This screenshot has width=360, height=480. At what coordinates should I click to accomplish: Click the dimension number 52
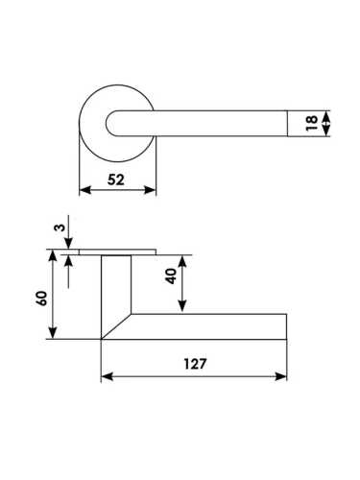tap(115, 180)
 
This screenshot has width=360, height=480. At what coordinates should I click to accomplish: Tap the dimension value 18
tap(312, 123)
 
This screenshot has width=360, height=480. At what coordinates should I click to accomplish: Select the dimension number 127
tap(195, 364)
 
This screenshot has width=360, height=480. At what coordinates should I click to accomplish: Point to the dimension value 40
tap(171, 276)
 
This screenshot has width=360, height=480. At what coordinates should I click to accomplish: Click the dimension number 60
tap(42, 299)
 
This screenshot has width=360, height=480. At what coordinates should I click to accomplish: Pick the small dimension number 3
tap(60, 228)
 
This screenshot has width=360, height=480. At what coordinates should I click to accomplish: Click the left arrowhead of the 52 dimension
tap(84, 190)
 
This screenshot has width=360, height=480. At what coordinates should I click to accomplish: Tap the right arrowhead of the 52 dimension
tap(150, 190)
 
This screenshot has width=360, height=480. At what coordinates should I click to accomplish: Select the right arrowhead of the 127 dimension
tap(280, 376)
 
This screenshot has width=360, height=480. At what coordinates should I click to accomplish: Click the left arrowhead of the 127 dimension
tap(108, 376)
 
